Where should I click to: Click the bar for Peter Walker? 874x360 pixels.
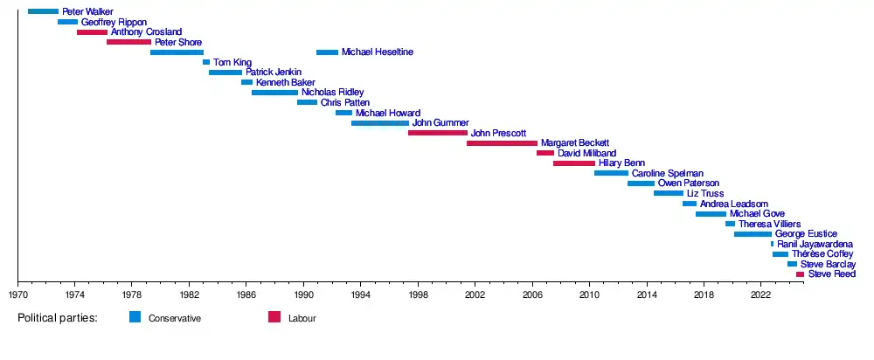[43, 11]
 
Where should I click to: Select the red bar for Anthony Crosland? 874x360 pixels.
[92, 32]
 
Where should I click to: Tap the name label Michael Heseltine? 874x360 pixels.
[377, 52]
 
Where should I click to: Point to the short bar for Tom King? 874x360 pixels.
[206, 62]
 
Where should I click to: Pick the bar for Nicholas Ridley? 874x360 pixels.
[274, 93]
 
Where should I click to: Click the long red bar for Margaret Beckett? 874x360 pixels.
[502, 142]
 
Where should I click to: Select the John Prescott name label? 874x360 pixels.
[497, 133]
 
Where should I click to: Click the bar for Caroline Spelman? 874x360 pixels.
[611, 173]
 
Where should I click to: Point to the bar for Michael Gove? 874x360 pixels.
[711, 214]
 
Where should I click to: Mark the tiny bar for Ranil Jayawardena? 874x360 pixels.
[773, 244]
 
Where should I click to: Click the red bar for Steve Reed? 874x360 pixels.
[800, 274]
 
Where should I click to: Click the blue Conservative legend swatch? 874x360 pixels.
[135, 317]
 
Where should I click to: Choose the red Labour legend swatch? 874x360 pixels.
[274, 317]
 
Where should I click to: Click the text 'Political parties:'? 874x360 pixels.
[57, 318]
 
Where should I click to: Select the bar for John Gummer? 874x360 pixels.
[380, 123]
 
